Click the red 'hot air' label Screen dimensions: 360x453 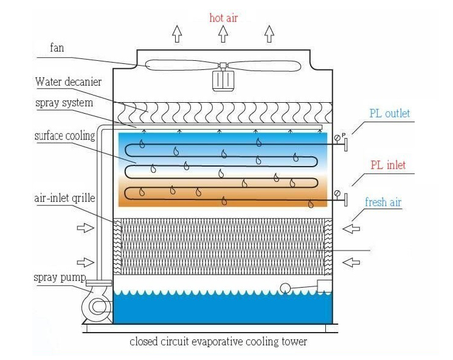[x=223, y=18]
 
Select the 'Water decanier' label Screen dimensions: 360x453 [x=68, y=81]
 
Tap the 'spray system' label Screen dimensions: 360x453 [x=64, y=103]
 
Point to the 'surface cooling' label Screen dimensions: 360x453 [x=64, y=136]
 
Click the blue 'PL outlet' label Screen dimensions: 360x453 [x=390, y=113]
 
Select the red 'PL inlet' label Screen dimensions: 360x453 [x=388, y=165]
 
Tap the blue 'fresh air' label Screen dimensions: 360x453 [x=383, y=202]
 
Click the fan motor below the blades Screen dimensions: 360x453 [x=223, y=80]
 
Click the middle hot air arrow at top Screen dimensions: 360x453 [x=223, y=34]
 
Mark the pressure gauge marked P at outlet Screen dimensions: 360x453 [x=338, y=138]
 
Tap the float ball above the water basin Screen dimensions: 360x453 [x=285, y=288]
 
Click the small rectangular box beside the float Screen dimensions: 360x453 [x=325, y=286]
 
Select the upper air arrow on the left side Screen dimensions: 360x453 [x=85, y=229]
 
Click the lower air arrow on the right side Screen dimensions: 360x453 [x=350, y=262]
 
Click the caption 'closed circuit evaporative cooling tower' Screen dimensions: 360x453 [x=218, y=342]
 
